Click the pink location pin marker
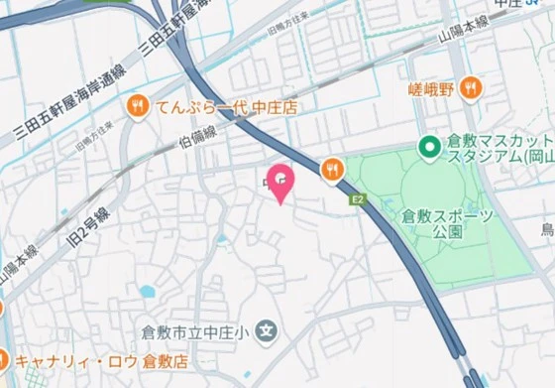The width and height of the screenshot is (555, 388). (282, 182)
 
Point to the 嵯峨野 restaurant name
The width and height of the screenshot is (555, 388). (433, 89)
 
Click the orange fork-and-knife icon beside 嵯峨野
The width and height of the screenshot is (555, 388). (471, 88)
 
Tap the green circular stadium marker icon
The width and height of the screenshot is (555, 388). (429, 148)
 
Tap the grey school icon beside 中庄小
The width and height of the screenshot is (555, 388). (266, 329)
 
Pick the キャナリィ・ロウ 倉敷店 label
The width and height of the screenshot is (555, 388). (95, 360)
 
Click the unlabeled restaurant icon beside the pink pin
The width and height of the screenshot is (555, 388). (331, 168)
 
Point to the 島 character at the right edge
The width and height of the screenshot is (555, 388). (547, 230)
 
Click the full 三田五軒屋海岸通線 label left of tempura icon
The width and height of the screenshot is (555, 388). (69, 105)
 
